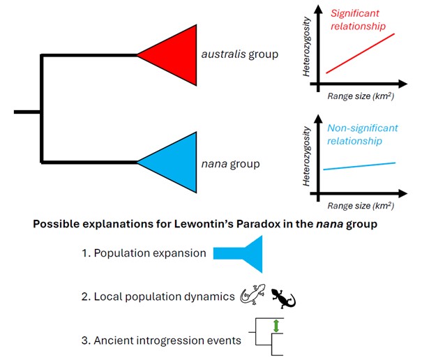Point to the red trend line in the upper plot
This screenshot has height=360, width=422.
(x=361, y=53)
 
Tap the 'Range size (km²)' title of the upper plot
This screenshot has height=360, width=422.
(x=361, y=96)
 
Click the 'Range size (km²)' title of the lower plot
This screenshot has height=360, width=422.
(x=361, y=207)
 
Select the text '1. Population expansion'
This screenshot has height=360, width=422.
(x=143, y=253)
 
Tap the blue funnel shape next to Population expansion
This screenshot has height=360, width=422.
(x=241, y=253)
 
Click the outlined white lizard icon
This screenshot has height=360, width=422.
(x=253, y=296)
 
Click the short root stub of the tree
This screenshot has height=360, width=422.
(x=27, y=110)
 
